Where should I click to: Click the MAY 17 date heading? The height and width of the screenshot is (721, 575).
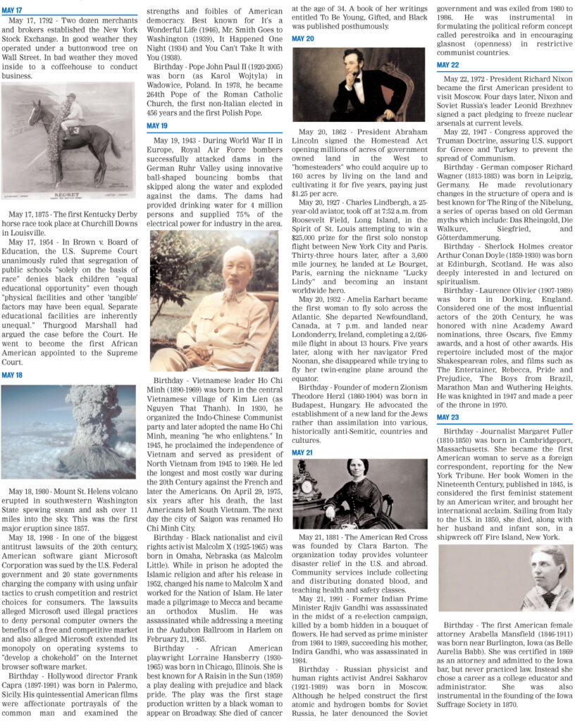12,11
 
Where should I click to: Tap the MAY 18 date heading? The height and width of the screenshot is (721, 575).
12,375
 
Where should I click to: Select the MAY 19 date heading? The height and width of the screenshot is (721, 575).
157,125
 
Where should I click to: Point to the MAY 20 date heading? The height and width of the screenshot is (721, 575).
302,39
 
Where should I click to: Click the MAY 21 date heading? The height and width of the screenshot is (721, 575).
302,452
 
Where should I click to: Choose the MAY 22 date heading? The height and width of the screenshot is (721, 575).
447,65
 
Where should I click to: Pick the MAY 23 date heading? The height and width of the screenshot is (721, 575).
447,418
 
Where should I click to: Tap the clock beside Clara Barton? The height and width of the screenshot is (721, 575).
307,488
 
